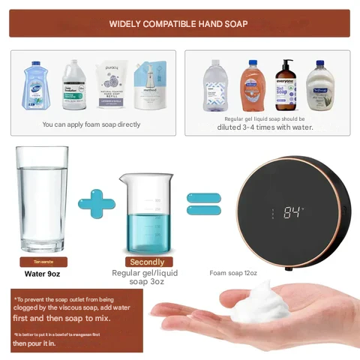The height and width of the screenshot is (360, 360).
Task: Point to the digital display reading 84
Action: click(x=293, y=212)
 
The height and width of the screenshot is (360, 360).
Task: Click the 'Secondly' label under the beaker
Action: click(x=147, y=262)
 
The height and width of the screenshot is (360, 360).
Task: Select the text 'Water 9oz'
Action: click(x=42, y=274)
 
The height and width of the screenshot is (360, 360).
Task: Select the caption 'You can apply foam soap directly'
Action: click(x=91, y=124)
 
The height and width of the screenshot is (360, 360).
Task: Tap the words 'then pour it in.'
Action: click(x=34, y=343)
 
